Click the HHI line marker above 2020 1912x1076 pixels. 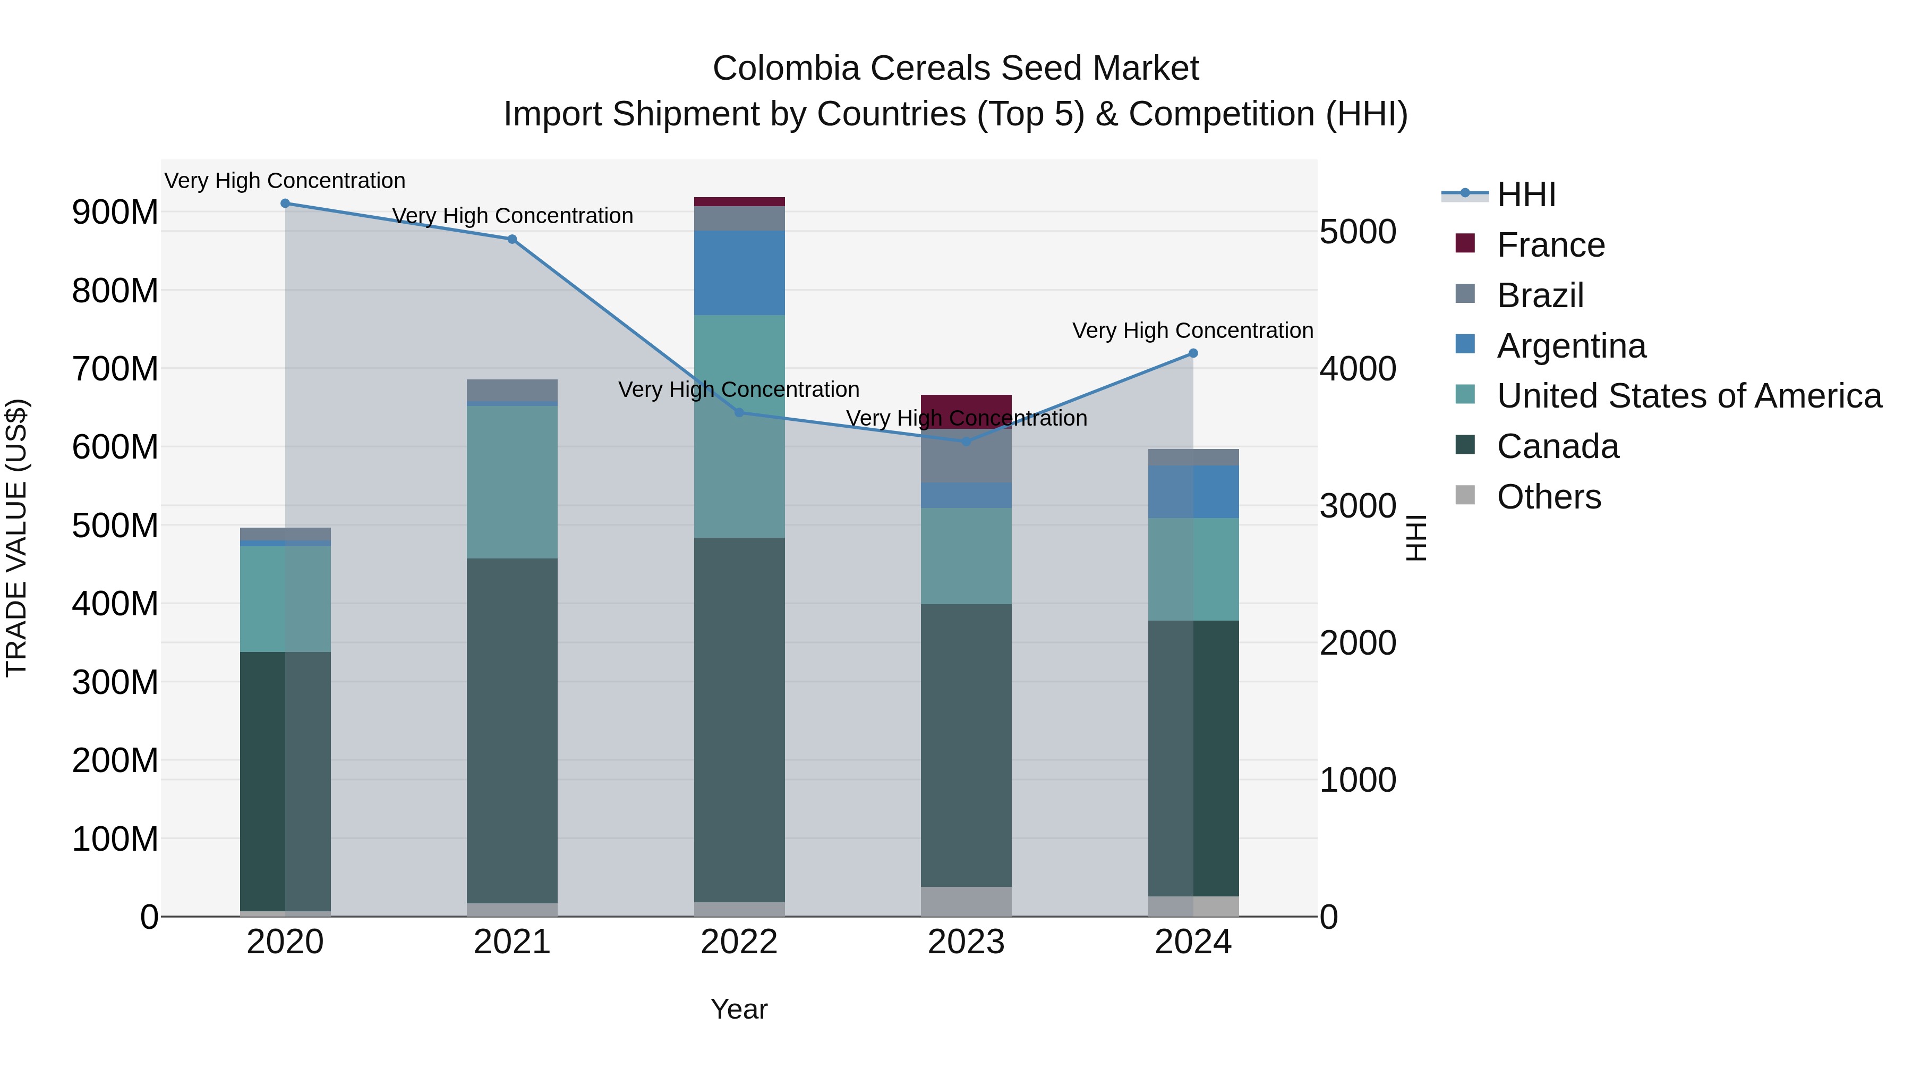(285, 204)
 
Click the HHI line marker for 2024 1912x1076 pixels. (1193, 353)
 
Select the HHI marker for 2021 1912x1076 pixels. (512, 239)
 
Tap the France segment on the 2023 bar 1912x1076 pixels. (966, 411)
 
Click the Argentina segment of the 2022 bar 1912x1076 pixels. (739, 273)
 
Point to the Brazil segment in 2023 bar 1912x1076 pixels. (966, 456)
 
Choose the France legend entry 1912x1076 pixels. (1550, 245)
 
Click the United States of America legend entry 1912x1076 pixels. (1688, 396)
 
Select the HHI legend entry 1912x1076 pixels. (1525, 194)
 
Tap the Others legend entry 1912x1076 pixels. (1548, 497)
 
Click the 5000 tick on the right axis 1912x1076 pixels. (1358, 232)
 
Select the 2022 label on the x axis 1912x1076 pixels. (739, 942)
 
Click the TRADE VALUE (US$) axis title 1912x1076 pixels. (16, 538)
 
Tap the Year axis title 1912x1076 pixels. (739, 1009)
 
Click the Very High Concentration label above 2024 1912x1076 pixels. (1192, 331)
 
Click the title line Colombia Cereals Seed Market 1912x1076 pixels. (955, 69)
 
